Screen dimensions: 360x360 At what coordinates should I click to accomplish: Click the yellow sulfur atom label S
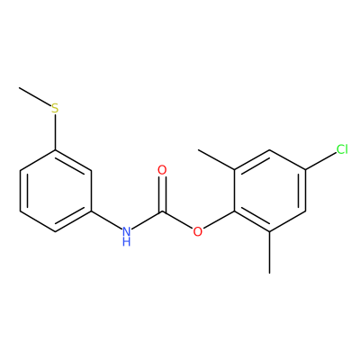55,108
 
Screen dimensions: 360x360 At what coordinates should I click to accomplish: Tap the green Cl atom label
342,149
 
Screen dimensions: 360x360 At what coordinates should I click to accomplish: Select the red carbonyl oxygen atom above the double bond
162,170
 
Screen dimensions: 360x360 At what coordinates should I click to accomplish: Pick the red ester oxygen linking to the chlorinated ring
197,231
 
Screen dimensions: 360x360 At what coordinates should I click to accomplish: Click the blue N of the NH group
127,231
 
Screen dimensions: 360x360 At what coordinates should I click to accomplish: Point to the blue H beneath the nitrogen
127,241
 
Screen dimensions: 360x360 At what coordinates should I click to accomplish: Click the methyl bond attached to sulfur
34,96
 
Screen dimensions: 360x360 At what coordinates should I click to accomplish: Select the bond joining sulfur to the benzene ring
55,132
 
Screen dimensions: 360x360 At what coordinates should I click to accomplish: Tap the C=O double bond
162,193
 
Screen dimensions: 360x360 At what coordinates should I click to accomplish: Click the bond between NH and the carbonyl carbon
147,220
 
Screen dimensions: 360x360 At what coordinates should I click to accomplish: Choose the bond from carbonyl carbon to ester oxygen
177,220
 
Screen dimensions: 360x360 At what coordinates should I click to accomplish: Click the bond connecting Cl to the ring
320,161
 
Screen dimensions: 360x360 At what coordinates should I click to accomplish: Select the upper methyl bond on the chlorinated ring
216,160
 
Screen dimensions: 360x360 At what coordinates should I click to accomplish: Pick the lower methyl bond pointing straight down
270,252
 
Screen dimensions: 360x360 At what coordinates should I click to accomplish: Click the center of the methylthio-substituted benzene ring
55,191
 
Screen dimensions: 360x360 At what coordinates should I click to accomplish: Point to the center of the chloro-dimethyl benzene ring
270,191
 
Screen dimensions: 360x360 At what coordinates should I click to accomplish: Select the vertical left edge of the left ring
20,191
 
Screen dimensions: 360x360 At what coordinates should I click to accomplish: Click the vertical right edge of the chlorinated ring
305,191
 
